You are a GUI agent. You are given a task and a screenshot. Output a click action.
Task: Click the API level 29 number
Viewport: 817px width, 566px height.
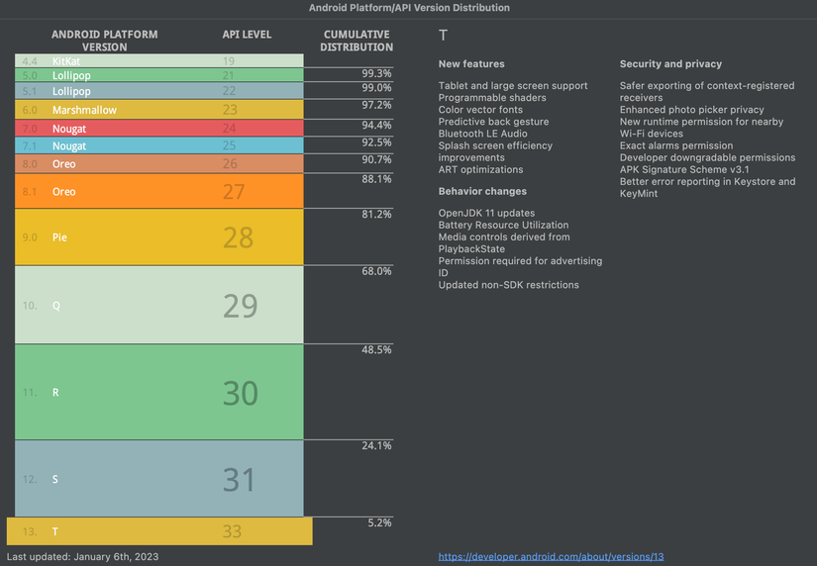pyautogui.click(x=240, y=306)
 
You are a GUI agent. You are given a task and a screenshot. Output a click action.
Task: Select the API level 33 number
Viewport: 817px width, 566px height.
pyautogui.click(x=232, y=531)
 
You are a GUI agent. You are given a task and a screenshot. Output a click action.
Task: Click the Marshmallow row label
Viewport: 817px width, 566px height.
pyautogui.click(x=84, y=110)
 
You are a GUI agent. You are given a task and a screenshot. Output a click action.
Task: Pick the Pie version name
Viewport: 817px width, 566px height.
pyautogui.click(x=59, y=237)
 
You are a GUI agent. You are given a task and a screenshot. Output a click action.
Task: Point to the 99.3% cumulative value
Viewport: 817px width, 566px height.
pyautogui.click(x=376, y=73)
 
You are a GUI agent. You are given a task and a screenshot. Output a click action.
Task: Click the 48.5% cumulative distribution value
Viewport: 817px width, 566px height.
pyautogui.click(x=376, y=350)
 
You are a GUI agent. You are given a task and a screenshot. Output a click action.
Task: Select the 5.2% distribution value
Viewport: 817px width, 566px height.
pyautogui.click(x=380, y=522)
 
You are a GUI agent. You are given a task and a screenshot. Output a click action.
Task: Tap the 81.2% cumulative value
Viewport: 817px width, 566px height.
pyautogui.click(x=376, y=214)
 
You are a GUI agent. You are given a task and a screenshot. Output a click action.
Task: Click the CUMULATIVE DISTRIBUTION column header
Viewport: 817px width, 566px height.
pyautogui.click(x=357, y=41)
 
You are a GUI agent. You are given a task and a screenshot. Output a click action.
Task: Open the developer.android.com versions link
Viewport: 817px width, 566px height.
pyautogui.click(x=551, y=557)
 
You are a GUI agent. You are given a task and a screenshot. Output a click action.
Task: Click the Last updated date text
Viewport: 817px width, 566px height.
pyautogui.click(x=82, y=557)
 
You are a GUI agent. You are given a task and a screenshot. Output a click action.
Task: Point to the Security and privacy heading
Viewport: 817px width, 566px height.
pyautogui.click(x=670, y=64)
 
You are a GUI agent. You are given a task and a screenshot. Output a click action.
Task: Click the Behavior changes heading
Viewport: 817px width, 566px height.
pyautogui.click(x=482, y=191)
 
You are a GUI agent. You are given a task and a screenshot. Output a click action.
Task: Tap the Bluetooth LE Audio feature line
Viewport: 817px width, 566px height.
pyautogui.click(x=482, y=134)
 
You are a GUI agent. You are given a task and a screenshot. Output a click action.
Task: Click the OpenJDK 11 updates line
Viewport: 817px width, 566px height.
pyautogui.click(x=486, y=214)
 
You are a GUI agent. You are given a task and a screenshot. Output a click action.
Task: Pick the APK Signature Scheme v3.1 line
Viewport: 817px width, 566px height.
pyautogui.click(x=684, y=169)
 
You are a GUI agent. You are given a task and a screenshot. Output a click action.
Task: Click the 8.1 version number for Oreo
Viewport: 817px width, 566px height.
pyautogui.click(x=29, y=192)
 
